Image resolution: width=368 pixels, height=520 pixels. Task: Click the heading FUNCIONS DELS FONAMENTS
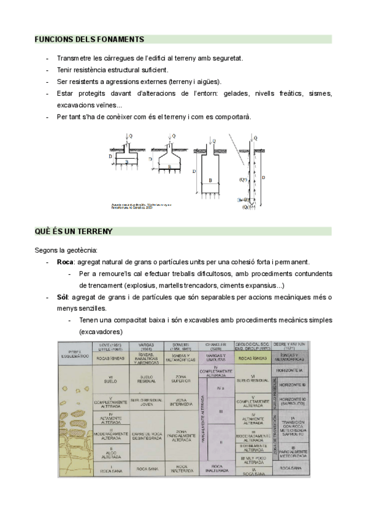pyautogui.click(x=89, y=39)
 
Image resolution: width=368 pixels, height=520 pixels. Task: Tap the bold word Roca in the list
pyautogui.click(x=64, y=262)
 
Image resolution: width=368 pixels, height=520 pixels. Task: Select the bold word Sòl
pyautogui.click(x=62, y=297)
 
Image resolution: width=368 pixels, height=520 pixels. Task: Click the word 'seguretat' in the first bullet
pyautogui.click(x=224, y=58)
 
